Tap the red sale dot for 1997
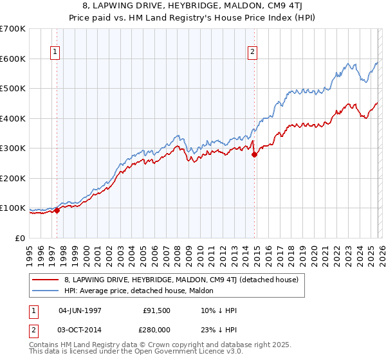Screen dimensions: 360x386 point(57,210)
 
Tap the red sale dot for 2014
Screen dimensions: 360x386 point(254,154)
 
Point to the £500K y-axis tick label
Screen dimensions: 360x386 point(14,88)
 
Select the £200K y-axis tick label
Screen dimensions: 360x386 point(14,178)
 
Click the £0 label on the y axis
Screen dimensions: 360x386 point(21,238)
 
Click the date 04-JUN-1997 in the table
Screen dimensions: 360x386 point(80,310)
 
